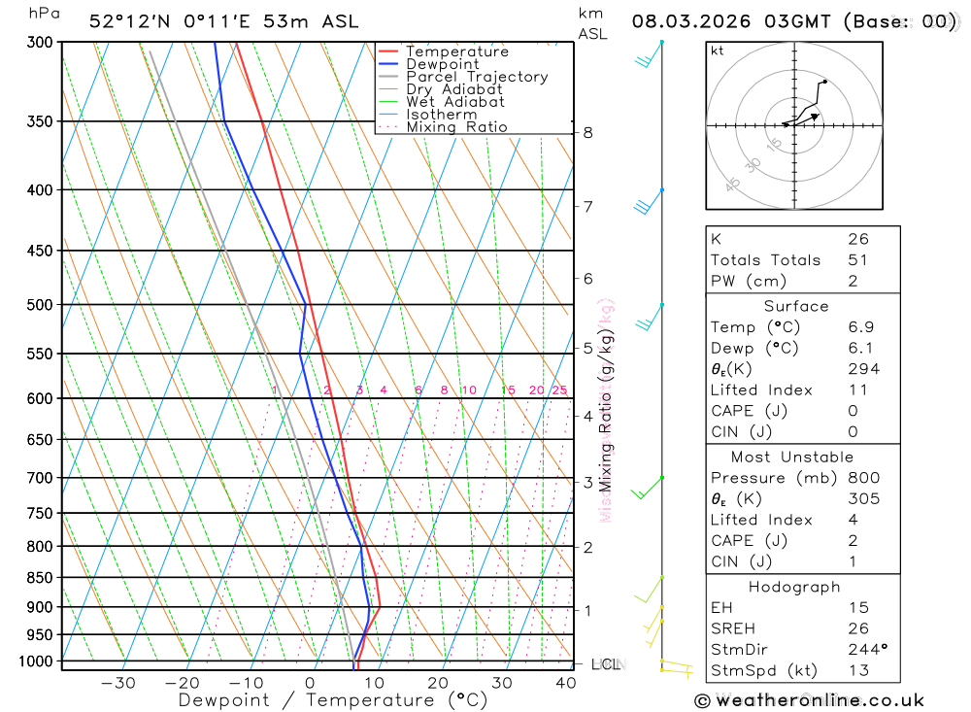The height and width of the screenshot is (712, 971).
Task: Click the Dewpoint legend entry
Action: [x=442, y=64]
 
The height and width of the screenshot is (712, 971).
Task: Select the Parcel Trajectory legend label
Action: [x=477, y=77]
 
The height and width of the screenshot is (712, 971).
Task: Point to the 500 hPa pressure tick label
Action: [x=40, y=304]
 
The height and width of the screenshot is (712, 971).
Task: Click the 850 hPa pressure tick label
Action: [x=40, y=577]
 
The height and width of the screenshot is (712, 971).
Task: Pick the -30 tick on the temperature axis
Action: [x=117, y=683]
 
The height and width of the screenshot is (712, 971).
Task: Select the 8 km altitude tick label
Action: [x=588, y=132]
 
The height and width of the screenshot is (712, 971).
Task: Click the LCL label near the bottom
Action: [x=605, y=664]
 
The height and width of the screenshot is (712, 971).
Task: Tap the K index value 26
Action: [x=858, y=239]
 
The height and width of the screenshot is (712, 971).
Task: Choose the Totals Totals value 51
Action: [x=858, y=260]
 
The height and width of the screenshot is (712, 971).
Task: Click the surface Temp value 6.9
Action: [x=860, y=327]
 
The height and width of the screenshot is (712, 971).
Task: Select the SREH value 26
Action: [x=858, y=628]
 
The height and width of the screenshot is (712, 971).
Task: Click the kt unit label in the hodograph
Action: [x=718, y=51]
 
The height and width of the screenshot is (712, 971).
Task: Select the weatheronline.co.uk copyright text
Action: [x=809, y=699]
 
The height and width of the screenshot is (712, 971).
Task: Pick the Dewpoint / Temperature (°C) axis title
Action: [x=333, y=699]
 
